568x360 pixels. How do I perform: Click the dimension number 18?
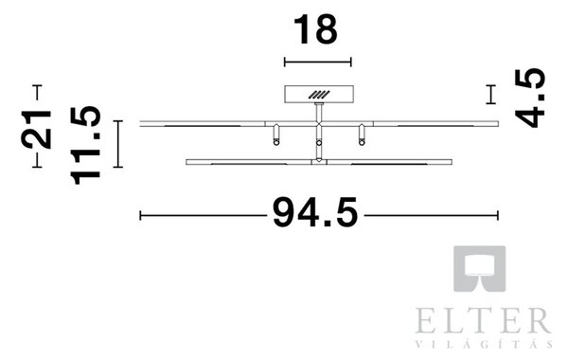(315, 29)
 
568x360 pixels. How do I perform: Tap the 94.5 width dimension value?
(315, 213)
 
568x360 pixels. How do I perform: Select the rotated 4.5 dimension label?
(530, 98)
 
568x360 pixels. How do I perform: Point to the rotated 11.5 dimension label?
(85, 145)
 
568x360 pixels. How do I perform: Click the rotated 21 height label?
(36, 130)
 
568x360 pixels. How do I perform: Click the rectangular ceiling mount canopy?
(319, 94)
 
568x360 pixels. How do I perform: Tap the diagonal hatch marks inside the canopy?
(319, 95)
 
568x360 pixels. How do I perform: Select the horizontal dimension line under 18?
(318, 62)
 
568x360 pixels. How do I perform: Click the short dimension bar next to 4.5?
(490, 94)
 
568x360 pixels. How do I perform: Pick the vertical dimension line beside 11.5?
(117, 144)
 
